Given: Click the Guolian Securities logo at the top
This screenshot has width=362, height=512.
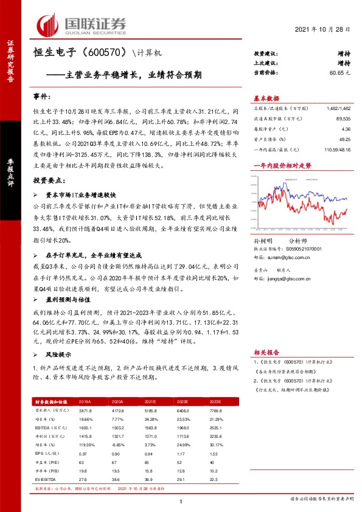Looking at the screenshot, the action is (x=82, y=24).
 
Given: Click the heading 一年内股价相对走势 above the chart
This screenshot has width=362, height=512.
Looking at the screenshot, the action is (x=282, y=165).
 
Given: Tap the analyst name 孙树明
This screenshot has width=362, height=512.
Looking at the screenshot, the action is (x=262, y=241).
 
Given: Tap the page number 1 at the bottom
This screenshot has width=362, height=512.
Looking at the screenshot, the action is (x=181, y=500).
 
